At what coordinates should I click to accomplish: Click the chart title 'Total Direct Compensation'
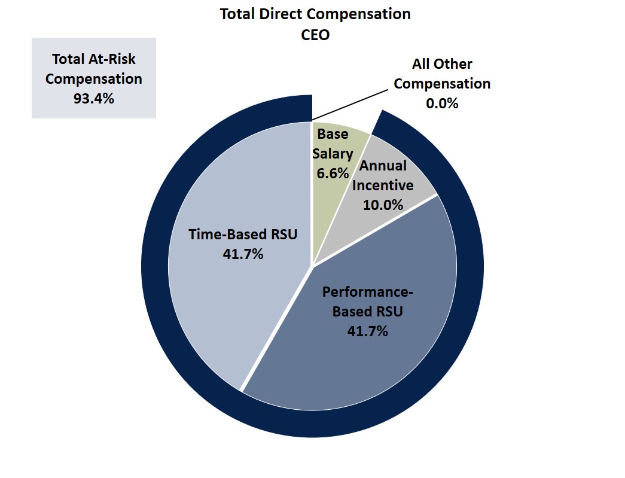315,14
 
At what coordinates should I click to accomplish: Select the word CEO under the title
315,34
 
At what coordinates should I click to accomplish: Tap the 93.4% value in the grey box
93,99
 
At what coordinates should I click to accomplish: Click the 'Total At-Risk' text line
93,59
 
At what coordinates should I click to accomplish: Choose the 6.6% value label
333,173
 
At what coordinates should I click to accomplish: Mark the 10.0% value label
383,205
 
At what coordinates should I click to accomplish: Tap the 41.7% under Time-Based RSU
243,254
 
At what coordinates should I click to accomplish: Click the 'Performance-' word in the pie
368,292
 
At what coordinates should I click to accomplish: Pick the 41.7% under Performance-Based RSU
367,331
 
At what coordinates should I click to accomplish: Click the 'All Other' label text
442,64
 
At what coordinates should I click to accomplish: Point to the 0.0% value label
442,103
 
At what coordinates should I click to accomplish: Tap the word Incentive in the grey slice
383,185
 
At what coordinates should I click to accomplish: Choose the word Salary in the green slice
333,154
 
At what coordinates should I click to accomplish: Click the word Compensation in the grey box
93,79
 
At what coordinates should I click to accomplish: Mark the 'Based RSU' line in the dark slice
367,312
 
